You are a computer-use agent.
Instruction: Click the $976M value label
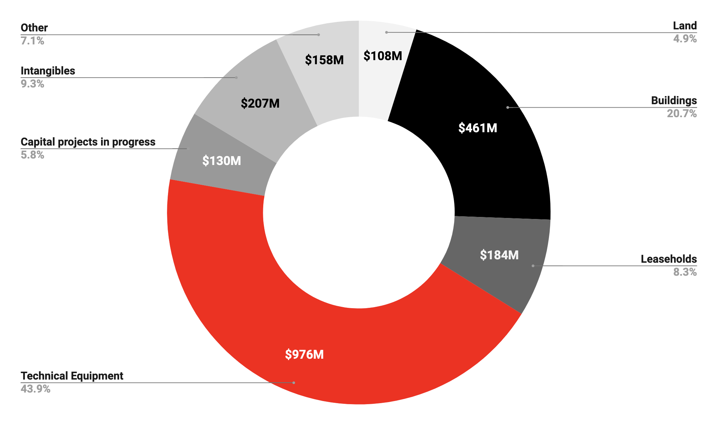(x=304, y=354)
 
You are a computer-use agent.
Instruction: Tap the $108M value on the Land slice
(x=383, y=56)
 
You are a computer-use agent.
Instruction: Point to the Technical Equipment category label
(x=72, y=376)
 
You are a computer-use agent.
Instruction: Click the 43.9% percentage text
(x=36, y=389)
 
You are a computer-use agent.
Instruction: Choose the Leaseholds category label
(x=669, y=259)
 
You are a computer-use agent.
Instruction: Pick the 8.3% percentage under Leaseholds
(x=685, y=272)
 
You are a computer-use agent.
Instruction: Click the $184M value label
(x=499, y=255)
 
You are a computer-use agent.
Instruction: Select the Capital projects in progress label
(x=88, y=142)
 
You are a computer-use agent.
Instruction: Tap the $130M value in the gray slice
(x=222, y=161)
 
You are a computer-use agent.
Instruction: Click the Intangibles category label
(x=48, y=71)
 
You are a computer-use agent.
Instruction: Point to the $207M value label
(x=260, y=103)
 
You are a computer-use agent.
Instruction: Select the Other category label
(x=34, y=28)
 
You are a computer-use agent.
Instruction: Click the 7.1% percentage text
(x=32, y=41)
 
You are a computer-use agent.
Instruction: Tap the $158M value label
(x=324, y=60)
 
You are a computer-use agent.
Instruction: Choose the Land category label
(x=685, y=26)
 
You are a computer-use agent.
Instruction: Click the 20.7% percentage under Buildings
(x=681, y=113)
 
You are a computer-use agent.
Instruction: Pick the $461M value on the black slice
(x=478, y=128)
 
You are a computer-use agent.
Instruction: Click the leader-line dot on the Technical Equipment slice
(x=294, y=383)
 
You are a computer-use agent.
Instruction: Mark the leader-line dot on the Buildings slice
(x=508, y=108)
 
